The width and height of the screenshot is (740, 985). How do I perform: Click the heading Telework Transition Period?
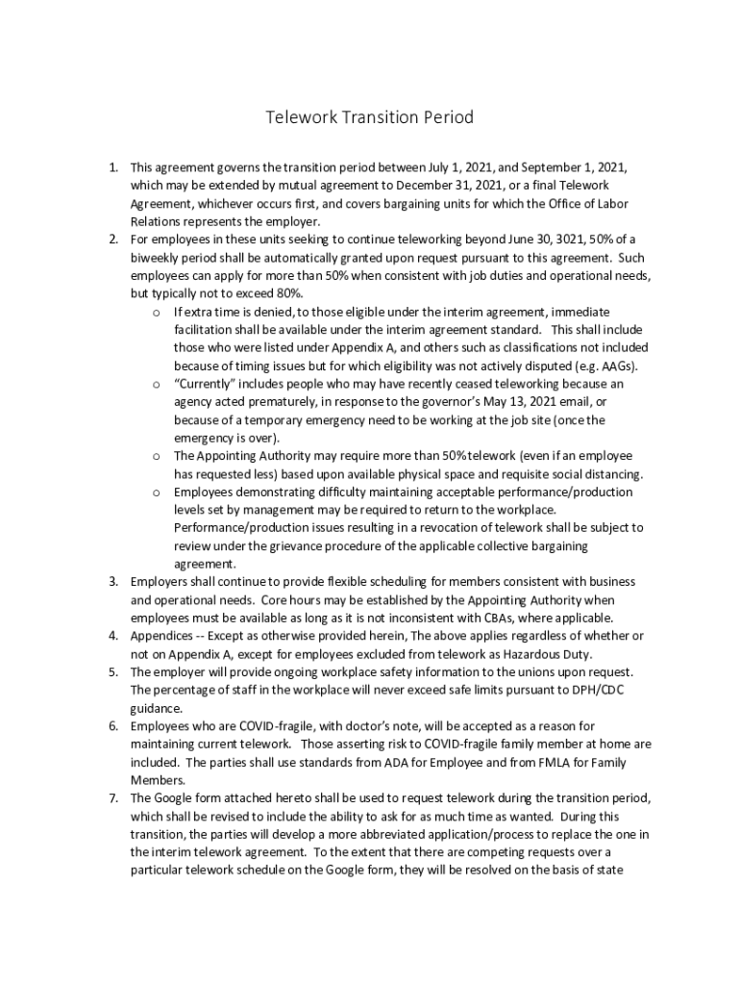point(370,118)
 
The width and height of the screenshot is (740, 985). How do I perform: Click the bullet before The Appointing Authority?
point(156,456)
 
